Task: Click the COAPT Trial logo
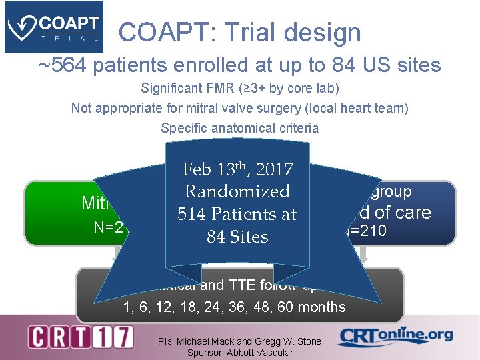tap(53, 27)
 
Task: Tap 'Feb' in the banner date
tap(199, 169)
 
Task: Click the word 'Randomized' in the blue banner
tap(237, 192)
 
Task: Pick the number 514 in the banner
tap(193, 215)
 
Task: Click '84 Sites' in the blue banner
tap(237, 237)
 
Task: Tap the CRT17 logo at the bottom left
tap(81, 337)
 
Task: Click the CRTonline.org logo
tap(395, 336)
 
